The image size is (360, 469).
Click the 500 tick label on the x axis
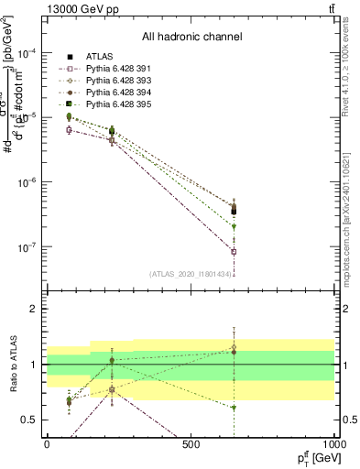191,445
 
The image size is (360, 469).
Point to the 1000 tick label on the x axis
333,445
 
